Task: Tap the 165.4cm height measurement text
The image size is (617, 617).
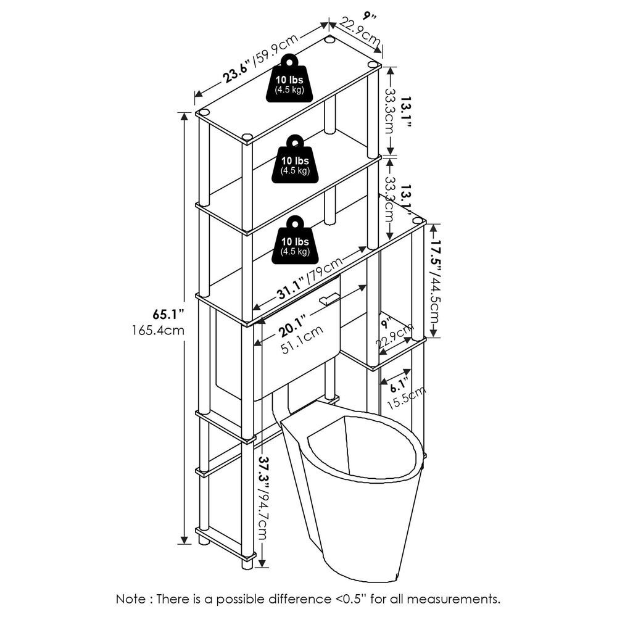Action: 158,331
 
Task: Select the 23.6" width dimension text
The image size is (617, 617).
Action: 238,68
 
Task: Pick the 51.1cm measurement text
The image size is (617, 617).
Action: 302,347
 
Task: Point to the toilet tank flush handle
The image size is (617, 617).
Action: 329,299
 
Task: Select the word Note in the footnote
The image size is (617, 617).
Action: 131,598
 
